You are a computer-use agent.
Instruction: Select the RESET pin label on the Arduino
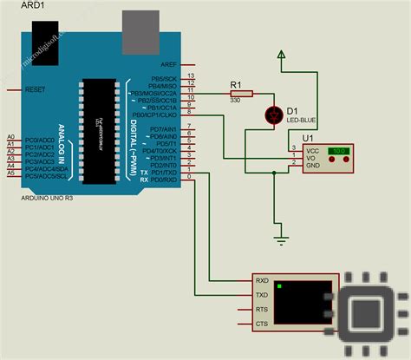(36, 89)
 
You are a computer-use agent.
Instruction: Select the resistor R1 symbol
(240, 93)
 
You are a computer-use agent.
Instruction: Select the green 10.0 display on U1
(337, 150)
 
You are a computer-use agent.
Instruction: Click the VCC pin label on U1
(311, 149)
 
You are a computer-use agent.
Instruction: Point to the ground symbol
(279, 236)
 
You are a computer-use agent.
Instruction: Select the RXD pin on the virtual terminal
(261, 280)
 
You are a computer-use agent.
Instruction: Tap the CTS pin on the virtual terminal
(261, 324)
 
